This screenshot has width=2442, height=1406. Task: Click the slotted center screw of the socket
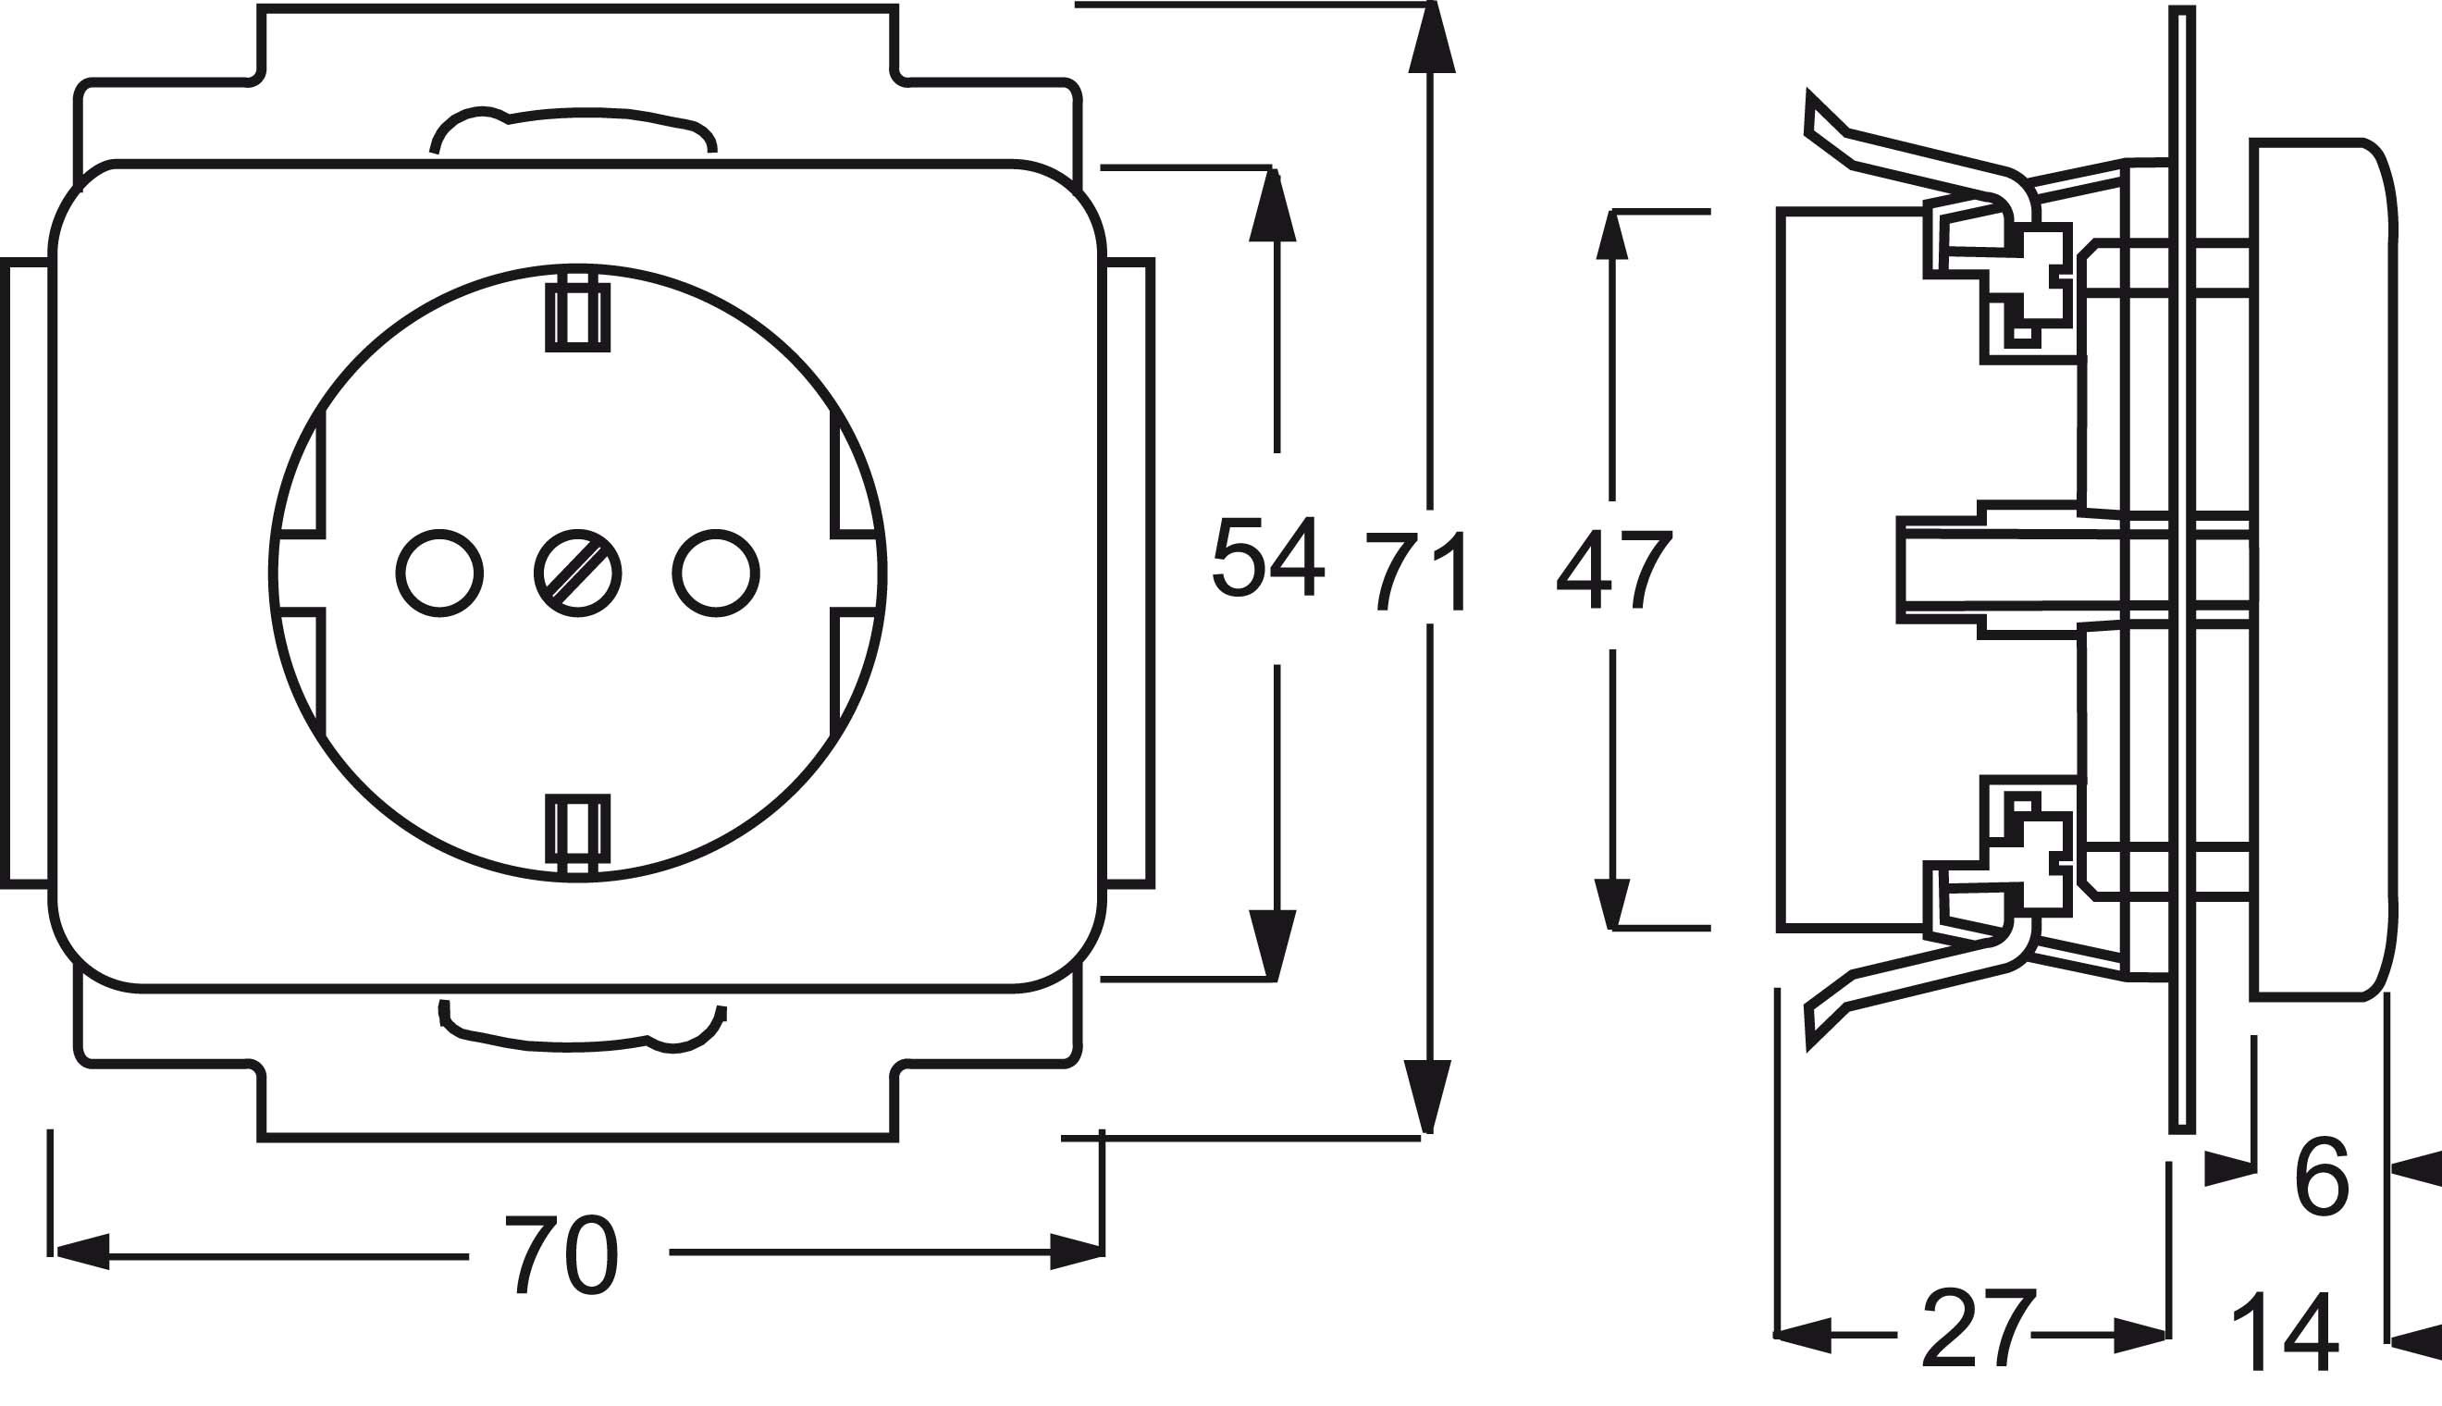coord(577,573)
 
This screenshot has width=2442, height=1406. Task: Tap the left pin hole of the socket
coord(439,573)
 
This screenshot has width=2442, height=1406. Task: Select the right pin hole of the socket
coord(716,573)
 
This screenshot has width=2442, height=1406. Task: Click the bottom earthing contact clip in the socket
coord(577,832)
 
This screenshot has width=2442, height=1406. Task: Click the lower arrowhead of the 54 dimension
coord(1272,945)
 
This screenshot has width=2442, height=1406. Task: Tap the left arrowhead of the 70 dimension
coord(82,1252)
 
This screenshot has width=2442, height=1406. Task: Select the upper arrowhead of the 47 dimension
coord(1611,236)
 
